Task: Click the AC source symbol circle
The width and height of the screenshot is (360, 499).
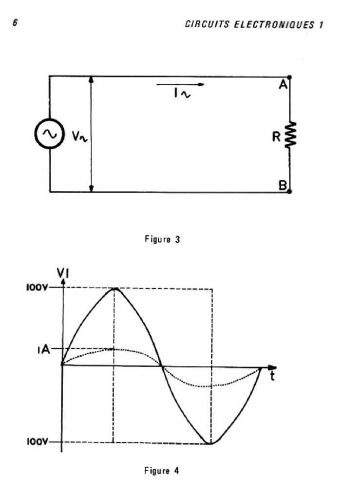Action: [49, 134]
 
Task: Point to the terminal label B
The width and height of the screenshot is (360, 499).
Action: [282, 185]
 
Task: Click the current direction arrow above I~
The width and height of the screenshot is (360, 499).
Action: [181, 84]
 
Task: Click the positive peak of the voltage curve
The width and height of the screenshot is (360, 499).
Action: [114, 288]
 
